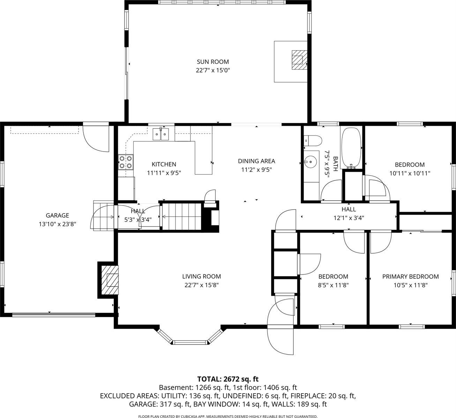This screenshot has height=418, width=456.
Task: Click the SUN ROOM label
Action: pyautogui.click(x=212, y=62)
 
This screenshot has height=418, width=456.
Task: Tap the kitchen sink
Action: pyautogui.click(x=161, y=134)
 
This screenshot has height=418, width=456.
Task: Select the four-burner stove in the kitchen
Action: pyautogui.click(x=126, y=162)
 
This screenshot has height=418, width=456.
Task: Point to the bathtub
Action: pyautogui.click(x=352, y=148)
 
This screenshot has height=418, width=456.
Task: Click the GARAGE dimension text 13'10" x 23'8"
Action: pyautogui.click(x=58, y=224)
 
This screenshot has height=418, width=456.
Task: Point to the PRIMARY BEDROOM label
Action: pyautogui.click(x=410, y=277)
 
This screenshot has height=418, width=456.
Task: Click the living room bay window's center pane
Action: pyautogui.click(x=190, y=342)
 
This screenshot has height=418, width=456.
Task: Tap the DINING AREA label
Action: pyautogui.click(x=256, y=161)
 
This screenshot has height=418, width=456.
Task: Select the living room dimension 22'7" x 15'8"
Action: pyautogui.click(x=201, y=285)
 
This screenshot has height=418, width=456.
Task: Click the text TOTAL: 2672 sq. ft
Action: pyautogui.click(x=228, y=379)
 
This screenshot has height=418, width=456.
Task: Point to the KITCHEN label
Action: pyautogui.click(x=164, y=164)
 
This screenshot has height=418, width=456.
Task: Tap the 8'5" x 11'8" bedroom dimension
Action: pyautogui.click(x=333, y=285)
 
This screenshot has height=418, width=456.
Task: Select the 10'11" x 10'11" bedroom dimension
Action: pyautogui.click(x=410, y=173)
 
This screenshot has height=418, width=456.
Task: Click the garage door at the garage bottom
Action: pyautogui.click(x=53, y=315)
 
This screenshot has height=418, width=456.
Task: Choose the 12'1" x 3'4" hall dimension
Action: pyautogui.click(x=349, y=218)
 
